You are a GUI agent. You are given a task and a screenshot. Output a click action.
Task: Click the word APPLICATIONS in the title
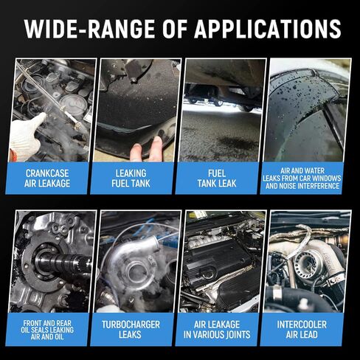[x=267, y=29]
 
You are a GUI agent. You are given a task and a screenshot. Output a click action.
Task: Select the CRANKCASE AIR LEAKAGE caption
[x=47, y=179]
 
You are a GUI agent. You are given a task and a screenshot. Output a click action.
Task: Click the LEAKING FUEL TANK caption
[x=131, y=179]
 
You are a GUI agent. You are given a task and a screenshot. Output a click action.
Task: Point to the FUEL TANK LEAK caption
[x=217, y=179]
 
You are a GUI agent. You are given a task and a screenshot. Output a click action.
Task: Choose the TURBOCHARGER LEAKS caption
[x=131, y=330]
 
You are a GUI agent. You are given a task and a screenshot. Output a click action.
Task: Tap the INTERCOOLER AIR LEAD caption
[x=302, y=330]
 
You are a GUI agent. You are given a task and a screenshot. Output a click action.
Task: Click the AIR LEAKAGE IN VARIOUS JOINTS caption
[x=217, y=330]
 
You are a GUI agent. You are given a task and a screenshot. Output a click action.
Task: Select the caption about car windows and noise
[x=302, y=179]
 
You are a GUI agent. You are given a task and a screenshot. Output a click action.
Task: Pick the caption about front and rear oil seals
[x=47, y=330]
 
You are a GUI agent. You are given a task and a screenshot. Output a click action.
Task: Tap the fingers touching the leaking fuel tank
[x=146, y=149]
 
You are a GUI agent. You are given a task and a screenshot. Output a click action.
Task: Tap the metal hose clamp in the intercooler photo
[x=277, y=293]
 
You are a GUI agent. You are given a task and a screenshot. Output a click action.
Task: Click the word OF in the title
[x=175, y=29]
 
